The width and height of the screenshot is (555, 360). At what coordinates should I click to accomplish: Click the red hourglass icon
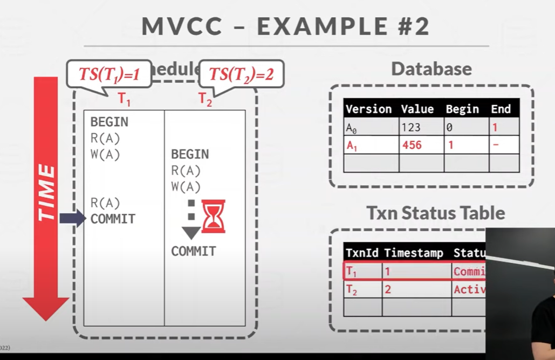[213, 216]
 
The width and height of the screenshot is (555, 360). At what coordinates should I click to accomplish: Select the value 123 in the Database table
[411, 128]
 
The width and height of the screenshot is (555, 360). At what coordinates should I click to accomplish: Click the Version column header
[369, 109]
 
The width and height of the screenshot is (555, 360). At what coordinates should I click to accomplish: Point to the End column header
[501, 109]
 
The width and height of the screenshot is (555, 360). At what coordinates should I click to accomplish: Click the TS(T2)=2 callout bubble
[241, 74]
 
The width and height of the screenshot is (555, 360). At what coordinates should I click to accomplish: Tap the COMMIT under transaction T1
[113, 219]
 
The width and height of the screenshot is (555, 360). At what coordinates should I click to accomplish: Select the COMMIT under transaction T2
[194, 251]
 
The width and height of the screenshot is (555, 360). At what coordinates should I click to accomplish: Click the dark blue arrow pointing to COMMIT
[72, 218]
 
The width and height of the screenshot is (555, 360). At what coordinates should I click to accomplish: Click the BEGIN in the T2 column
[190, 154]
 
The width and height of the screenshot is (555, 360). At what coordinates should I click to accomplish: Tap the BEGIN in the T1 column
[109, 122]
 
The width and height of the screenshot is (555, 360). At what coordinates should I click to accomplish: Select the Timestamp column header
[414, 253]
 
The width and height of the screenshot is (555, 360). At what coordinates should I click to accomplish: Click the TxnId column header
[362, 253]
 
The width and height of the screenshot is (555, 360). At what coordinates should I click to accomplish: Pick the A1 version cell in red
[352, 146]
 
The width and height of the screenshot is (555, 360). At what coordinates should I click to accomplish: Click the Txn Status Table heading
[436, 213]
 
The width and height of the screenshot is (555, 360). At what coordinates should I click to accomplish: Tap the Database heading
[431, 68]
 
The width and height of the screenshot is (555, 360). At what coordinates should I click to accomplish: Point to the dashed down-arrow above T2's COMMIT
[190, 221]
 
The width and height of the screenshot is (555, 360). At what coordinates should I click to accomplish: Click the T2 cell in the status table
[352, 290]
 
